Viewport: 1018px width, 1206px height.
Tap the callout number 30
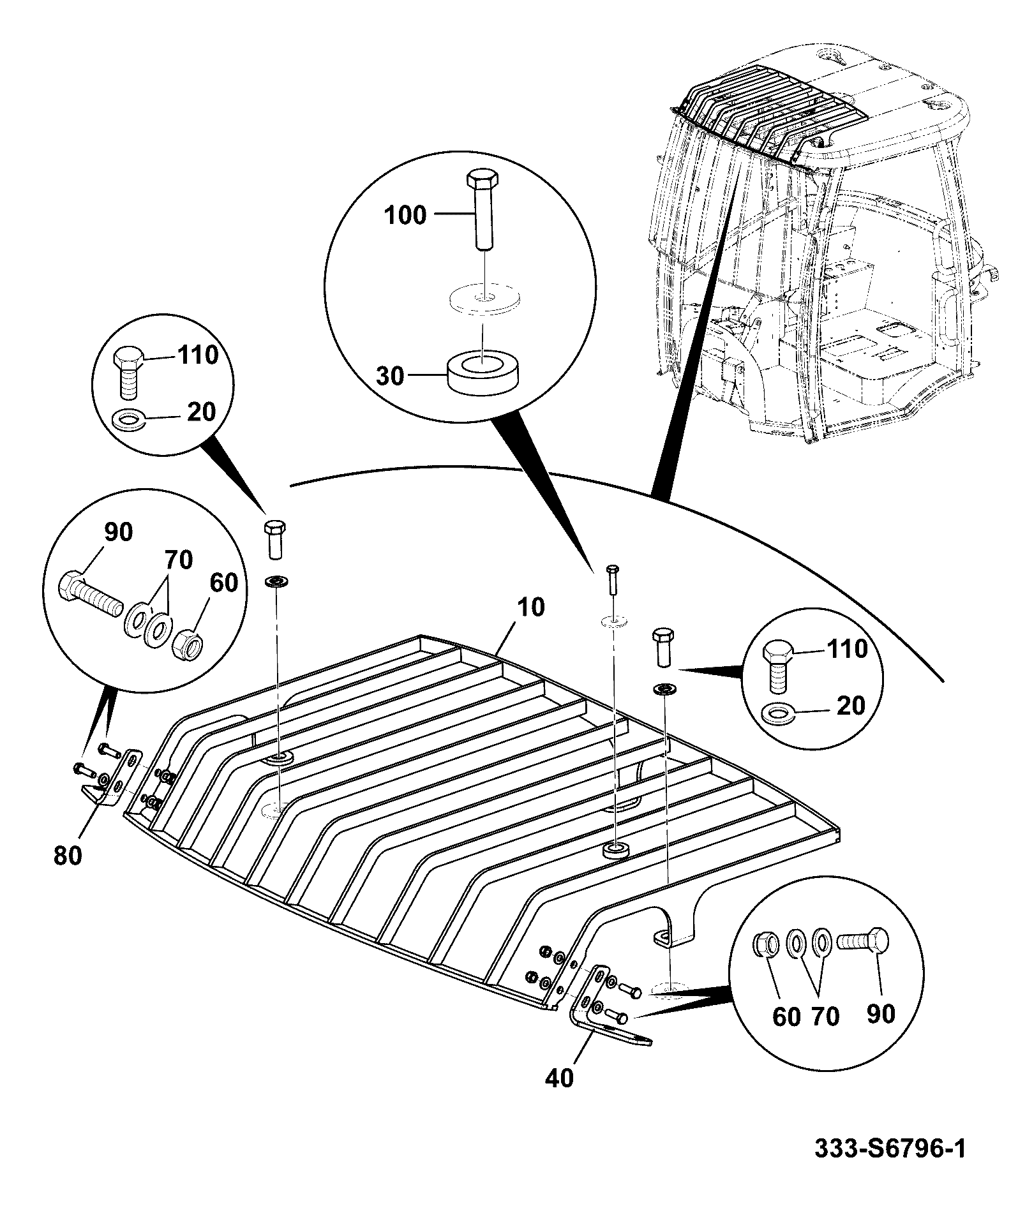click(x=390, y=376)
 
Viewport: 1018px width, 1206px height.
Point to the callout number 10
click(x=531, y=607)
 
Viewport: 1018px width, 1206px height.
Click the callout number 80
click(x=68, y=856)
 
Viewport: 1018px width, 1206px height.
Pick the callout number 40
click(x=559, y=1078)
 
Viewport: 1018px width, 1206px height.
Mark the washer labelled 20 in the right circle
click(x=779, y=713)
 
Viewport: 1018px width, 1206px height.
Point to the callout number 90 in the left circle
click(x=118, y=531)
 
